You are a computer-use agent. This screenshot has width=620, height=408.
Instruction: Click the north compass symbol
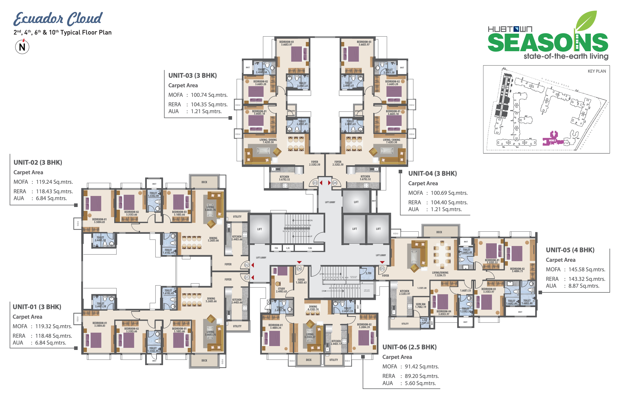coord(22,47)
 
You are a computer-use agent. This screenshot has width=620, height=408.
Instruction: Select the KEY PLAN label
coord(596,71)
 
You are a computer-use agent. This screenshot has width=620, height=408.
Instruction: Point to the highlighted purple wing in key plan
coord(553,139)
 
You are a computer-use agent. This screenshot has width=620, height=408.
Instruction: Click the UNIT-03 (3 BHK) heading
coord(192,76)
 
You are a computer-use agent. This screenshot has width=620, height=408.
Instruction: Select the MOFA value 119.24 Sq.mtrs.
coord(54,182)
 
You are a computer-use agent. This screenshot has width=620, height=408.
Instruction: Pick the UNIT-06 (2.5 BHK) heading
coord(409,347)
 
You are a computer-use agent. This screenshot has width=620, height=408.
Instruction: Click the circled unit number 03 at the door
coord(315,183)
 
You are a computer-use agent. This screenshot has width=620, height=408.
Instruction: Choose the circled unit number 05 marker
coord(382,269)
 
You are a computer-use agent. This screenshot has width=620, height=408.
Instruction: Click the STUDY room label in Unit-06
coord(281,290)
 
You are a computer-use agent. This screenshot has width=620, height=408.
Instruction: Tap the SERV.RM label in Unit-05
coord(420,305)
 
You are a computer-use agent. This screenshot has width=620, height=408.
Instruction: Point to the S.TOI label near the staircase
coord(368,273)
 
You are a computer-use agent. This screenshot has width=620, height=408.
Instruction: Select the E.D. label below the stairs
coord(310,248)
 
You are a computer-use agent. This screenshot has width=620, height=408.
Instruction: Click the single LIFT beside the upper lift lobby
coord(356,202)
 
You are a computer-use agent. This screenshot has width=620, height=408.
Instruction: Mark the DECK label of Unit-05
coord(439,232)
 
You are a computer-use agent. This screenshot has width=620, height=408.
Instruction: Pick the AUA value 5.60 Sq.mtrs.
coord(420,383)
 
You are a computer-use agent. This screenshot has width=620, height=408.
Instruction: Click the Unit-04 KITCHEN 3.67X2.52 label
coord(365,178)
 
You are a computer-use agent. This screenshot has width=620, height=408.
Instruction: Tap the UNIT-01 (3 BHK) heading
coord(37,307)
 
